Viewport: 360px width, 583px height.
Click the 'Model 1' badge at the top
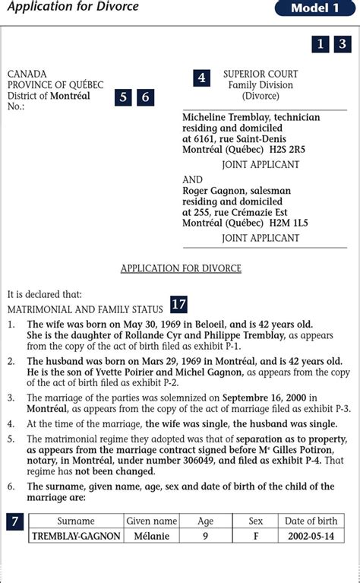coord(315,8)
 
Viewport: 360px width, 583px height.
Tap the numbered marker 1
coord(321,44)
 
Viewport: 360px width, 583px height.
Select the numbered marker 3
coord(343,44)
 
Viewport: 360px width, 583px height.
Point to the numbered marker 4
coord(201,78)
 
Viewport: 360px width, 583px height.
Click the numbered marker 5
coord(124,97)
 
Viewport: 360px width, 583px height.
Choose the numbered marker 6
coord(145,97)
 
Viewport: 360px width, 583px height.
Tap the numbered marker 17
coord(178,304)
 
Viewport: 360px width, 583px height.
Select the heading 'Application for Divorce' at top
coord(73,8)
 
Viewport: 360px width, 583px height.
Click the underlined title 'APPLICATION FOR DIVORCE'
coord(181,268)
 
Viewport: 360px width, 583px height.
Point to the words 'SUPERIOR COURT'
coord(261,74)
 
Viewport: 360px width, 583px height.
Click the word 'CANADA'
coord(27,74)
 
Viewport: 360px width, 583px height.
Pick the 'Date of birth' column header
coord(311,521)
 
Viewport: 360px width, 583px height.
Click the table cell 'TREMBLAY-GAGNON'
coord(76,536)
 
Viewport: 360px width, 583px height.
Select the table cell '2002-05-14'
coord(311,536)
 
